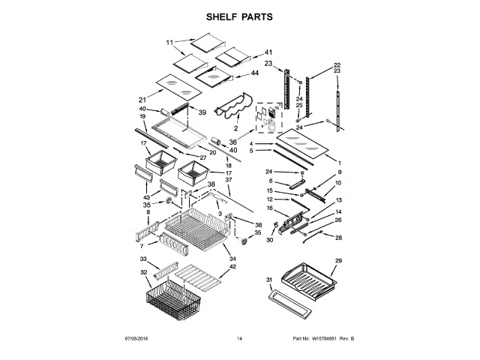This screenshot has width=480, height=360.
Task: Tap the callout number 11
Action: (169, 42)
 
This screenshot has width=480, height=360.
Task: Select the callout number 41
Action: (268, 52)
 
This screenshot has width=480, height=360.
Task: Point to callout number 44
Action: (255, 73)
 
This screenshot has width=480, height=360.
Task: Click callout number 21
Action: (142, 99)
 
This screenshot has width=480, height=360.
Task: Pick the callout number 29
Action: (337, 260)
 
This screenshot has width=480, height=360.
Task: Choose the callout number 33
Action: (143, 259)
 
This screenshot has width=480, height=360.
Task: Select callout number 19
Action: (142, 116)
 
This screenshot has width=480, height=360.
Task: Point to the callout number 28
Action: (337, 238)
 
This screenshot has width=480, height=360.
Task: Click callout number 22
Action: (337, 65)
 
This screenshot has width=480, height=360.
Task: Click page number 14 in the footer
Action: (239, 340)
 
